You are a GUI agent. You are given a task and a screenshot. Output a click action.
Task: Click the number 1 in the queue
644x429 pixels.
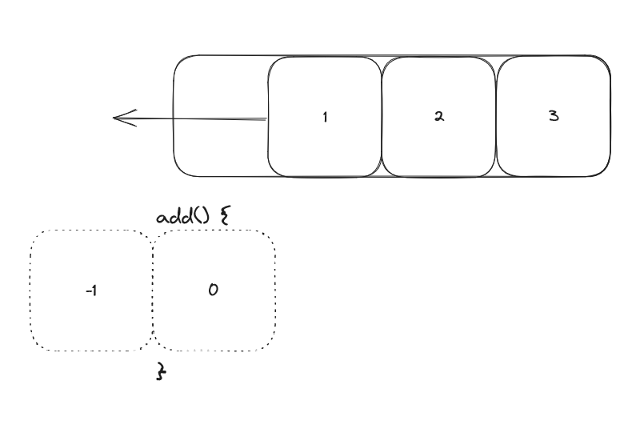point(325,117)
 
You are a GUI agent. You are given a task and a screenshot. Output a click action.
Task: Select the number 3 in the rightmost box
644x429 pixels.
point(554,116)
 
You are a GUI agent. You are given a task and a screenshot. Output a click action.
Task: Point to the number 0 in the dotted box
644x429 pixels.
point(213,290)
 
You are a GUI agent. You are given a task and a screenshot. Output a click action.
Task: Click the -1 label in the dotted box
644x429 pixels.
point(90,291)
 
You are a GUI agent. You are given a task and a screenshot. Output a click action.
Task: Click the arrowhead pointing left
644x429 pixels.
point(120,119)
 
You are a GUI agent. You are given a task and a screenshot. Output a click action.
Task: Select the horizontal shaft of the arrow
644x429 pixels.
point(200,120)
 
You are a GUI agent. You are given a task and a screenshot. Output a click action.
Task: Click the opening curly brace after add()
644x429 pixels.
point(226,216)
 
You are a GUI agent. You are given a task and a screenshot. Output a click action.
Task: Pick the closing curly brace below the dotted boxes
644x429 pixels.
point(160,371)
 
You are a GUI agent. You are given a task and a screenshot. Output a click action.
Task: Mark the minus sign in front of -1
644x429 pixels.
point(86,291)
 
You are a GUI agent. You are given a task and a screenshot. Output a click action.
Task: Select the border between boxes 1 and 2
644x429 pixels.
point(382,117)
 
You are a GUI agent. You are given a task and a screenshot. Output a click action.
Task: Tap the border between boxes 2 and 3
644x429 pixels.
point(497,117)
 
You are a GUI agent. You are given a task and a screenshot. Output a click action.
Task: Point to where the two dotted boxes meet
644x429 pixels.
point(152,290)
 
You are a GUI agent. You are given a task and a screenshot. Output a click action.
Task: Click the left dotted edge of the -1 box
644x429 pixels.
point(30,290)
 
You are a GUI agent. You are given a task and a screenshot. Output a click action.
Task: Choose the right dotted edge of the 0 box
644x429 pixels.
point(276,290)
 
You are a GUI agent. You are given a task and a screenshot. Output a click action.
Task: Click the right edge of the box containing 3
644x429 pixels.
point(611,117)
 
